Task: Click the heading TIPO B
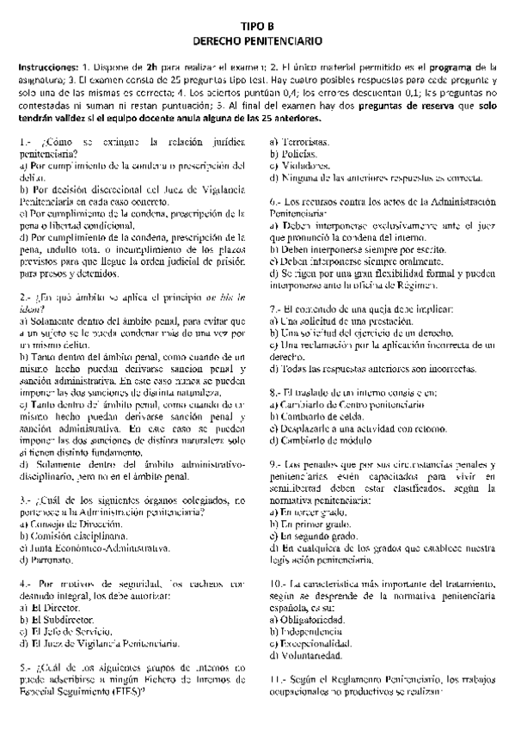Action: [x=257, y=28]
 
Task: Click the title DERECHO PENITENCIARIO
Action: [x=257, y=40]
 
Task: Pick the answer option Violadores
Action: [x=302, y=166]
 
